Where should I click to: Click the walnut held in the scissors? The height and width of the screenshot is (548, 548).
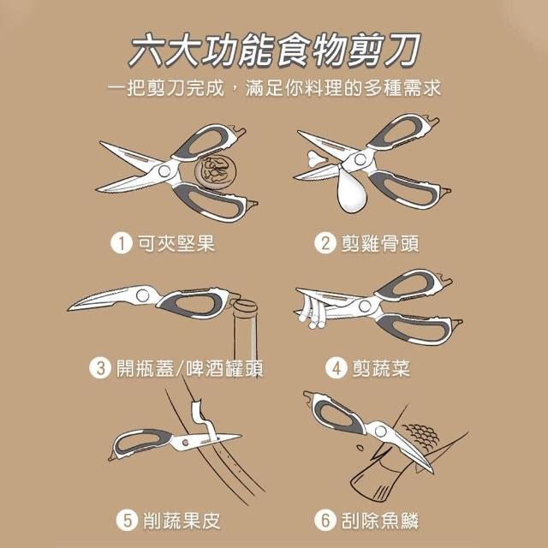click(215, 172)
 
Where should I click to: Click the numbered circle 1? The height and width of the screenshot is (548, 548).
click(122, 243)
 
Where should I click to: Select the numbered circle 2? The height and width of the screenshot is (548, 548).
click(325, 243)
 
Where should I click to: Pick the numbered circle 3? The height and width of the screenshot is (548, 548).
click(100, 368)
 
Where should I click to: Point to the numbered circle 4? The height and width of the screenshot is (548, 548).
click(337, 368)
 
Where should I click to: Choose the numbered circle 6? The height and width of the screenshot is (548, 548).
click(325, 520)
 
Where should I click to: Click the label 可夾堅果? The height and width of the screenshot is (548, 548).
click(176, 243)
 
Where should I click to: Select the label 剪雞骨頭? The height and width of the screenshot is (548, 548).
click(380, 243)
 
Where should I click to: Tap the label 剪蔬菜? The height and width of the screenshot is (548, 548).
click(381, 368)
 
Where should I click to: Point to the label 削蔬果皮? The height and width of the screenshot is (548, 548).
click(182, 521)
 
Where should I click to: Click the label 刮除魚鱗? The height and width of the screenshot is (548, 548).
click(380, 521)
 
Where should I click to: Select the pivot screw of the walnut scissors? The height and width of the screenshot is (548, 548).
click(164, 171)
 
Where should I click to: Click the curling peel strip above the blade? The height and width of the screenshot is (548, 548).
click(204, 419)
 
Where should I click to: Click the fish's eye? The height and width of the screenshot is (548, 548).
click(360, 447)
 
